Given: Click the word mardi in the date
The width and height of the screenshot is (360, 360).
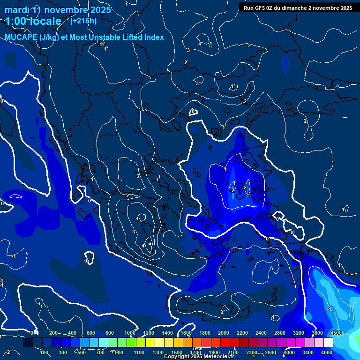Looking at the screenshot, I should (17, 10).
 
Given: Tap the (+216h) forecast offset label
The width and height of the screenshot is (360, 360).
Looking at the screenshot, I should (83, 21).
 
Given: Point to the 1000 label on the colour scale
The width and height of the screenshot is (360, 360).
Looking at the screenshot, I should (130, 333).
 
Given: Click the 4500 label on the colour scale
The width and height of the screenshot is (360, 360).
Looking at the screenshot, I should (336, 333).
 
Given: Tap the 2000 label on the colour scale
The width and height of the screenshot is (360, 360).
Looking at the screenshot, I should (224, 333).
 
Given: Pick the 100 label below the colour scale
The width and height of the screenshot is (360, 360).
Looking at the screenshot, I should (45, 352).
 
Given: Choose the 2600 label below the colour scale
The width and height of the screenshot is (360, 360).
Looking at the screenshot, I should (270, 352).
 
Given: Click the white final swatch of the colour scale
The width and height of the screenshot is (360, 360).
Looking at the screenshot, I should (328, 343).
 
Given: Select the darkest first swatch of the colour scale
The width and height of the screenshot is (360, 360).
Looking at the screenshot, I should (28, 343).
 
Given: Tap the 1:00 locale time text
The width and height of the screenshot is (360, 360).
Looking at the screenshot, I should (33, 21).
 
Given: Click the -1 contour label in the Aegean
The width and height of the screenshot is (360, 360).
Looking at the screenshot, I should (225, 169).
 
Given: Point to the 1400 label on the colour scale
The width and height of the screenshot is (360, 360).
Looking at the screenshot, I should (167, 333).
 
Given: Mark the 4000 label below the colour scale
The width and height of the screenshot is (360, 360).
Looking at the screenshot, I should (327, 352).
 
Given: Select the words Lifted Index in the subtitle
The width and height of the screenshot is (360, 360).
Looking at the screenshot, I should (141, 37).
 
